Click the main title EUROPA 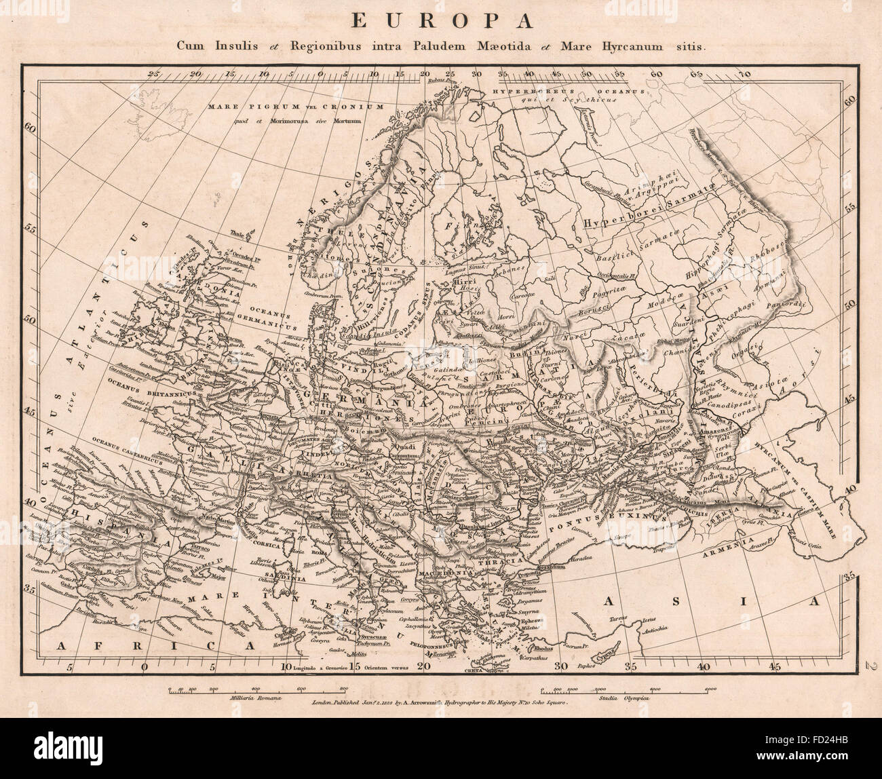pos(440,21)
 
